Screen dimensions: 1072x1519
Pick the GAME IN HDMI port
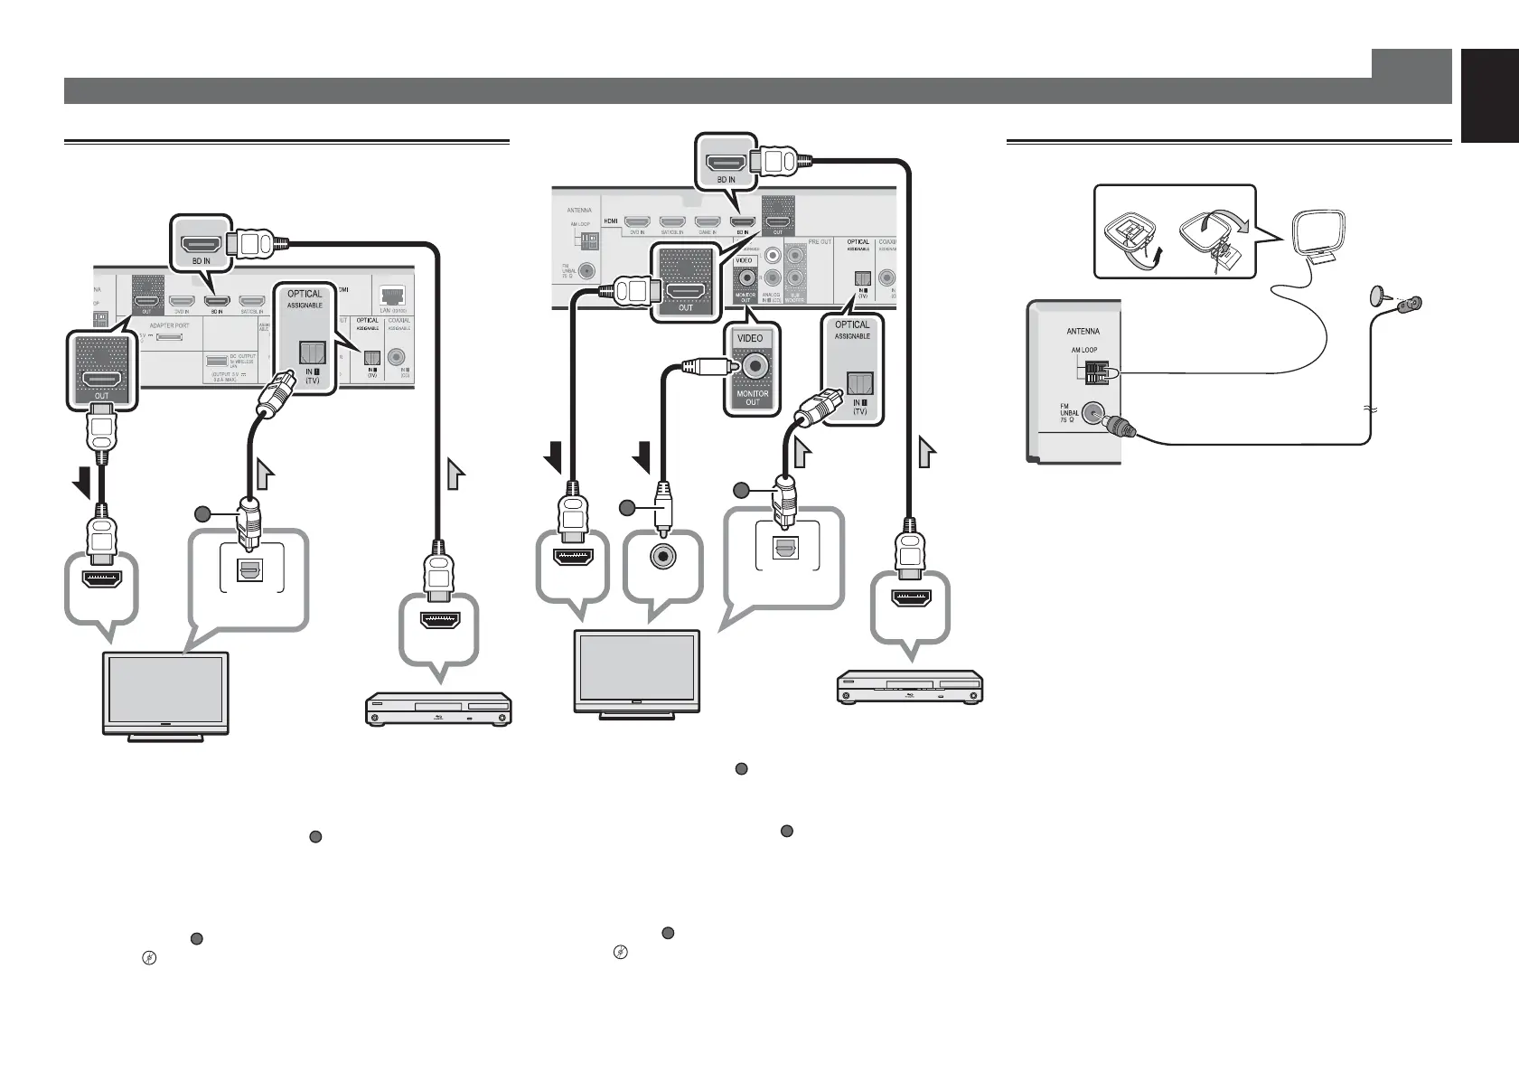(x=707, y=221)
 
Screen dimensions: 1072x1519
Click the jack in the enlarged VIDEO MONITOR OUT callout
(x=753, y=365)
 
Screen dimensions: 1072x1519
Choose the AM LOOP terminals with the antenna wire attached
(x=1095, y=372)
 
